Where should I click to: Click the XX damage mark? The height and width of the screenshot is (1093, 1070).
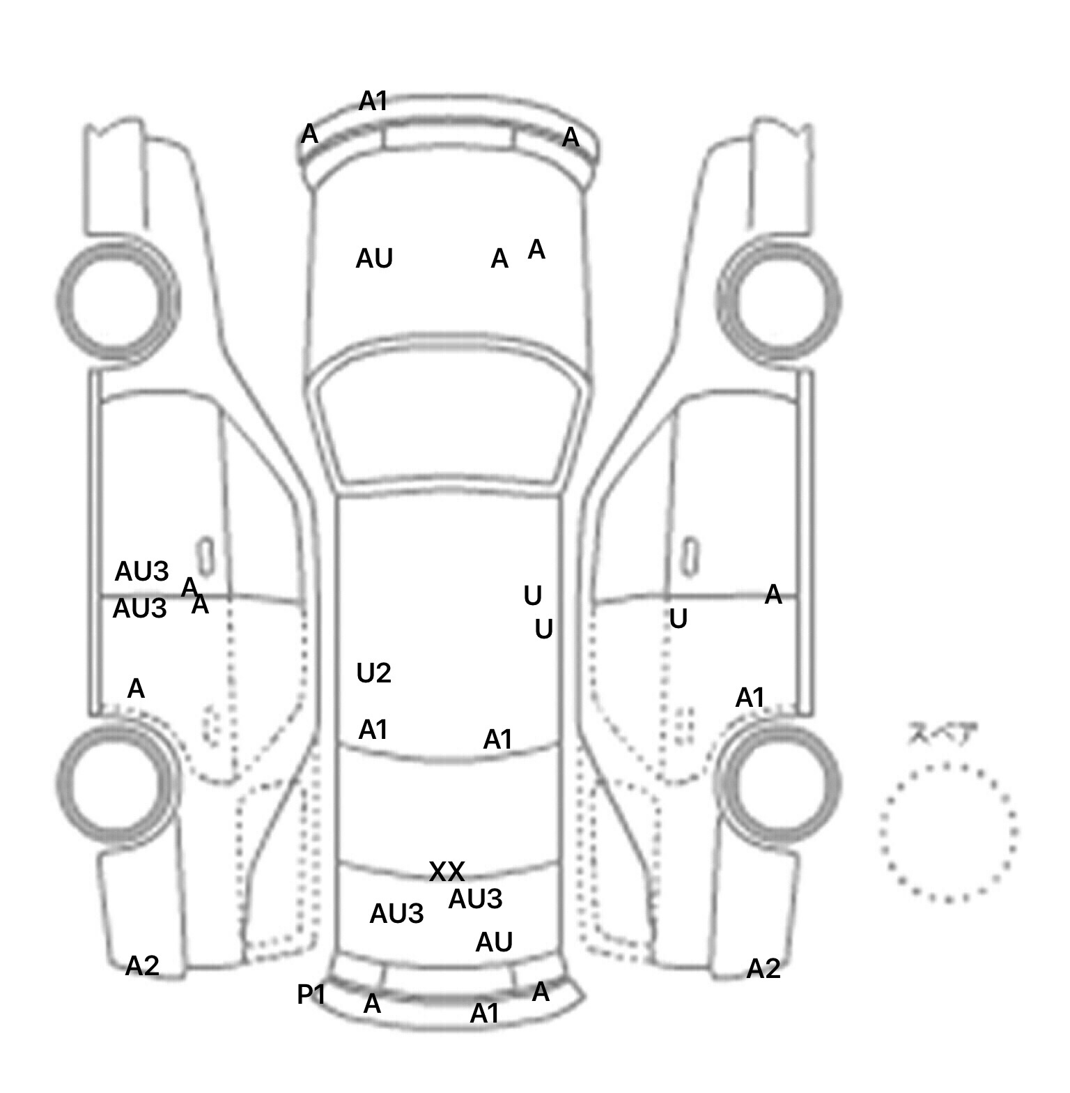[447, 871]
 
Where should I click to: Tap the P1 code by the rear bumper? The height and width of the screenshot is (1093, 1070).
[311, 995]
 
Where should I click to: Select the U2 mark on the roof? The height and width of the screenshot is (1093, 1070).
[374, 673]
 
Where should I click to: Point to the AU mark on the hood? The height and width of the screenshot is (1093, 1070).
[374, 259]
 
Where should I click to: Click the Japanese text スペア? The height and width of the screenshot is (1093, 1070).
[943, 735]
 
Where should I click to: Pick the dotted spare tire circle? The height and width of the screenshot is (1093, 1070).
[948, 832]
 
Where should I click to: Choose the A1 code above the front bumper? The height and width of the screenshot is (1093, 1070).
[373, 102]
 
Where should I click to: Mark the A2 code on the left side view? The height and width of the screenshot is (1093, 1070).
[142, 965]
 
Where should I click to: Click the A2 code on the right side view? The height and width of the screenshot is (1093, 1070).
[763, 968]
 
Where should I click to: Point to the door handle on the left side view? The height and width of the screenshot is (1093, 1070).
[206, 556]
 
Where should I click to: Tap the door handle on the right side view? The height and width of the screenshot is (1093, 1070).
[690, 556]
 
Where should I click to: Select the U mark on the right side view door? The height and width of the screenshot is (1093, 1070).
[678, 619]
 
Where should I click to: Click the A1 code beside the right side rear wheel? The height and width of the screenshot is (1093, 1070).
[750, 697]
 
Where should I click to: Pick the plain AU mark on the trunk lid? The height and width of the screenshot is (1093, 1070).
[494, 942]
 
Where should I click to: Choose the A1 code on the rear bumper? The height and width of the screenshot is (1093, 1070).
[485, 1014]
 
